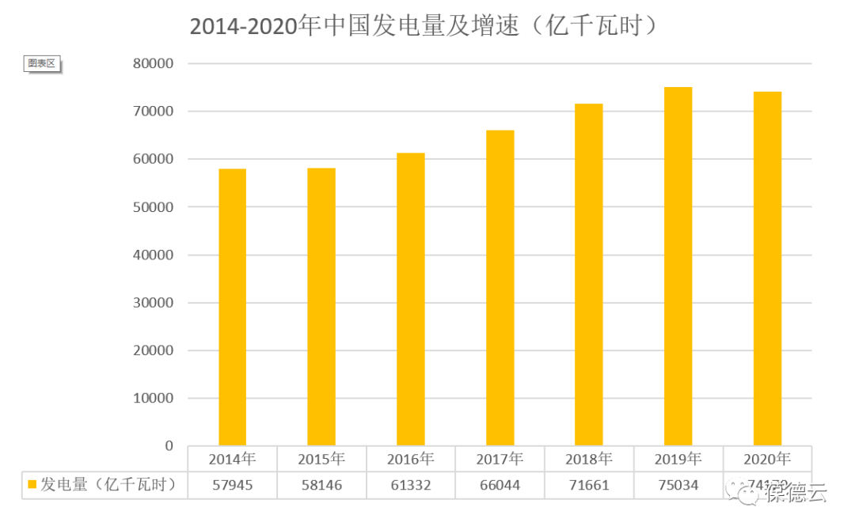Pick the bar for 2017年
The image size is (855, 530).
tap(500, 288)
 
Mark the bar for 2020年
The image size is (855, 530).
tap(767, 269)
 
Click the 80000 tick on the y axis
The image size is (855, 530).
tap(152, 63)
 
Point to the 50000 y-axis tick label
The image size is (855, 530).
tap(152, 207)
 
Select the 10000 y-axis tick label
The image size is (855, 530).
tap(152, 399)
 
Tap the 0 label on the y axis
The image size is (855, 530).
tap(168, 446)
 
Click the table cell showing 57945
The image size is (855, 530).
tap(232, 485)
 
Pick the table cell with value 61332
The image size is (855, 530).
tap(411, 485)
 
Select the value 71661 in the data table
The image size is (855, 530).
tap(589, 485)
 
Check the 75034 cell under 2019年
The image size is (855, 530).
tap(678, 485)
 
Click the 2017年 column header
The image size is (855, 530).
tap(500, 459)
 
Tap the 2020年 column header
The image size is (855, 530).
tap(767, 459)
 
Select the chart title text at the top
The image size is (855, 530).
tap(425, 25)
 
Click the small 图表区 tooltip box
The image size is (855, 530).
tap(42, 63)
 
